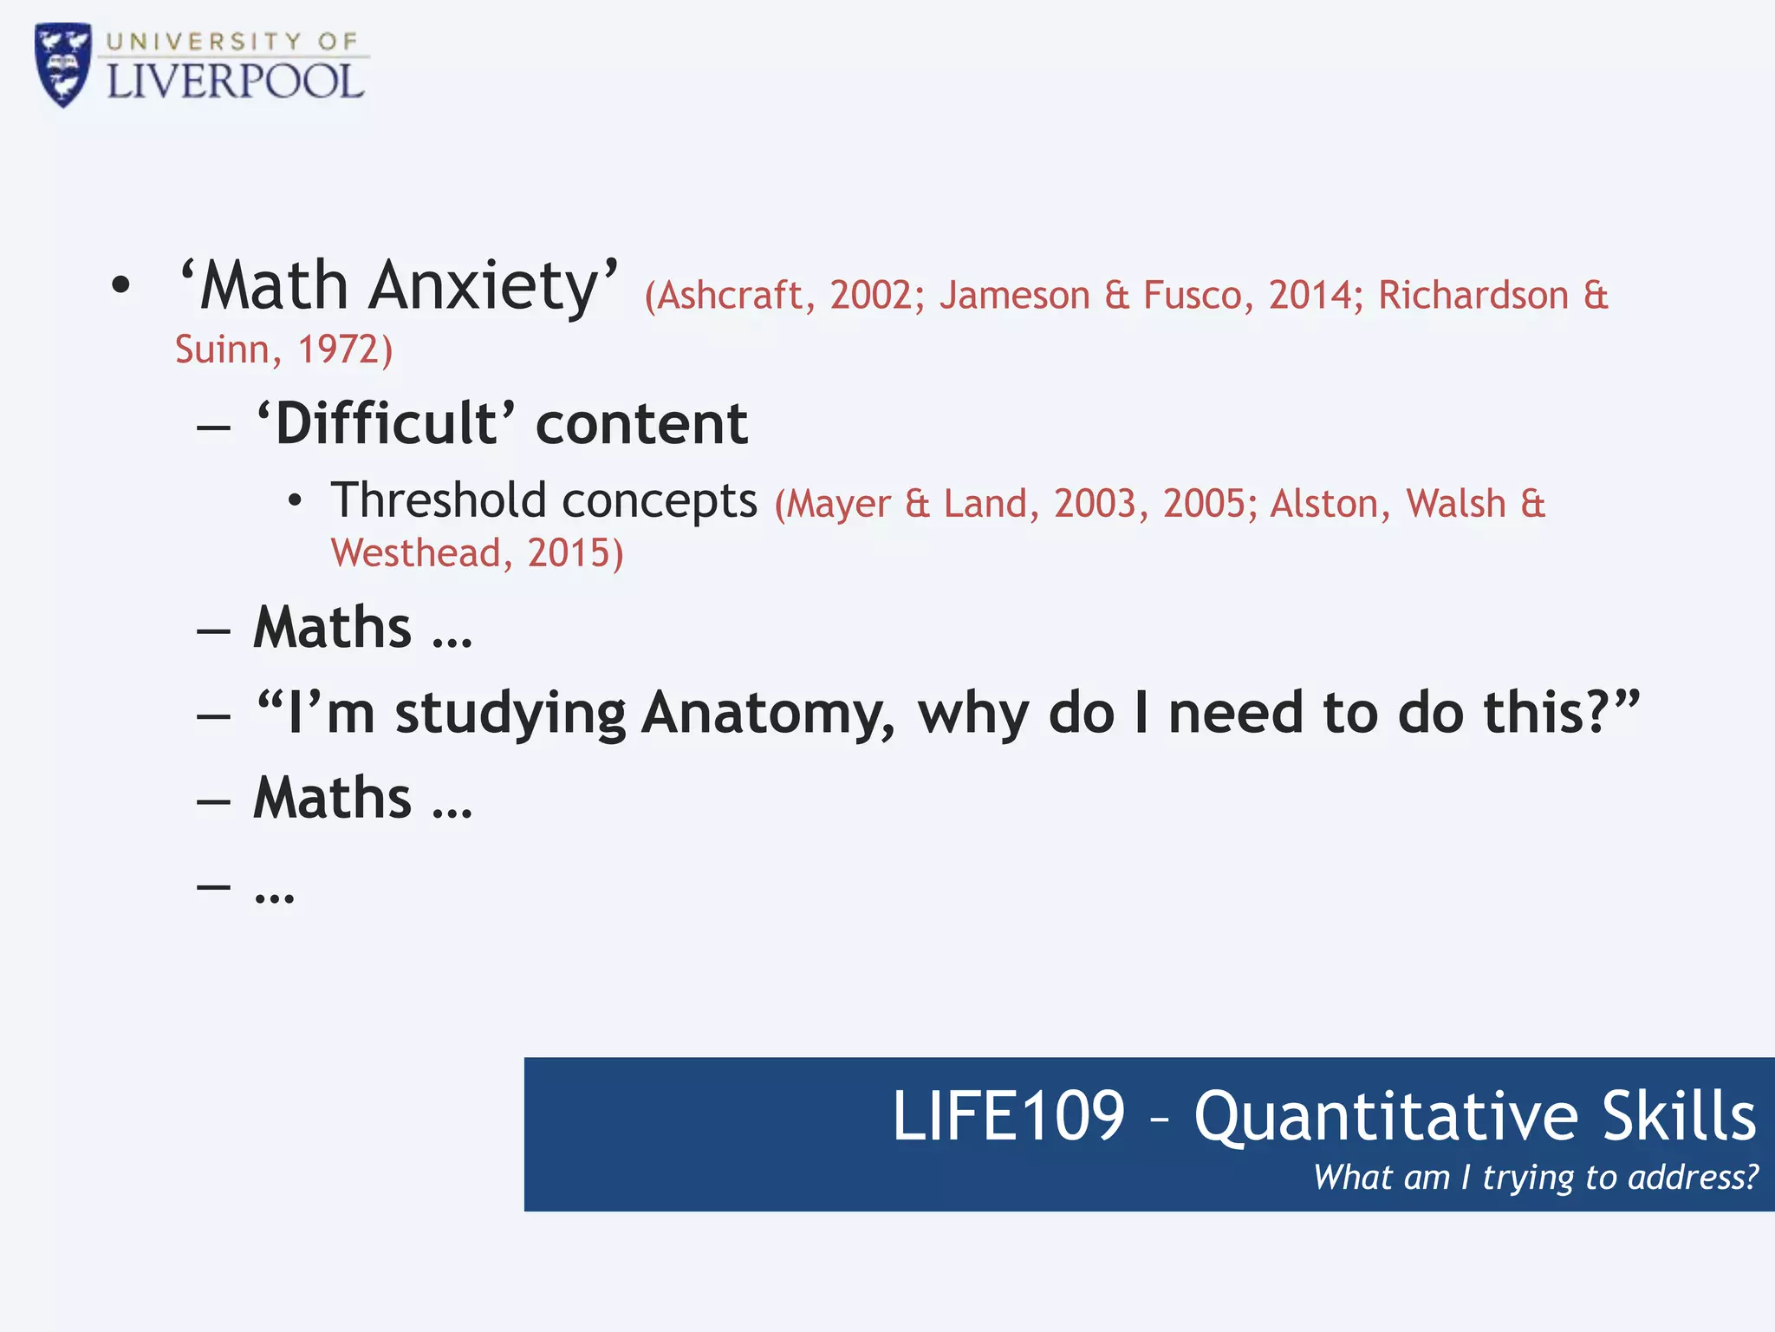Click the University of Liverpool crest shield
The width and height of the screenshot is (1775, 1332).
click(62, 65)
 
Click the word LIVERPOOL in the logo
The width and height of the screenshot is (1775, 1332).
click(235, 82)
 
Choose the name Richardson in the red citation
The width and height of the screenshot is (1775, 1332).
click(1473, 296)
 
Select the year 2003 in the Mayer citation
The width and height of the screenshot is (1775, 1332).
click(1095, 504)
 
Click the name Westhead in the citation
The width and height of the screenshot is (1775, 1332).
click(416, 553)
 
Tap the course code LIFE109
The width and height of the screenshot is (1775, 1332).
click(1008, 1116)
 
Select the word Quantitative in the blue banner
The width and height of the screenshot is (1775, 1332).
click(1386, 1117)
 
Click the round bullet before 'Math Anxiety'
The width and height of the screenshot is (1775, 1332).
click(120, 285)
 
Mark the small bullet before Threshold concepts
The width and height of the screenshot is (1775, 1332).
click(296, 501)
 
